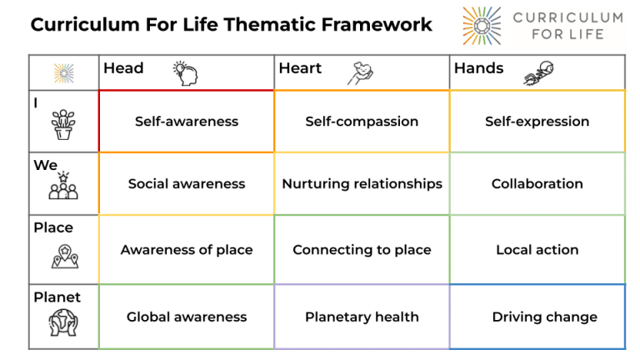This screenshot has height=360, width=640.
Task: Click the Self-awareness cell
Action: (x=187, y=122)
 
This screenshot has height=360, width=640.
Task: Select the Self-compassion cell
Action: (x=362, y=122)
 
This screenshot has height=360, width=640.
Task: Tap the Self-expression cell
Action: (x=537, y=122)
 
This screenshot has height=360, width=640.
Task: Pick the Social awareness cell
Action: (x=187, y=184)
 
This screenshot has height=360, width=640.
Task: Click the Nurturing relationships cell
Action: (x=362, y=184)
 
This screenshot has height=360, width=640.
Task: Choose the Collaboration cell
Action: (x=537, y=184)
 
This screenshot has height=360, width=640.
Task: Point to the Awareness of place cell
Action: (x=187, y=250)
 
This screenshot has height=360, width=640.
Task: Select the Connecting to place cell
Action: (x=362, y=250)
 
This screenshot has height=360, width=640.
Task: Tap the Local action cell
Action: (x=537, y=250)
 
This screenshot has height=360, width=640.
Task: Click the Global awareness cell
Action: (x=187, y=317)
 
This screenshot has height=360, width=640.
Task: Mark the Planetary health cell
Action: (x=362, y=317)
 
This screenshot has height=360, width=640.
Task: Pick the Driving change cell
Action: (x=544, y=317)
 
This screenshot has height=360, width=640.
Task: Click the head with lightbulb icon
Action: (x=185, y=72)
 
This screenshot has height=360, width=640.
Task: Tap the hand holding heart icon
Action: (x=360, y=72)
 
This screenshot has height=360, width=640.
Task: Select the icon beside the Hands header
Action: (x=536, y=73)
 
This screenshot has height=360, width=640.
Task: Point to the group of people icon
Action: (x=63, y=187)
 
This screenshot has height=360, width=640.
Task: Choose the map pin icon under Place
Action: (x=64, y=255)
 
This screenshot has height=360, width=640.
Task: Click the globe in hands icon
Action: (x=63, y=322)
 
